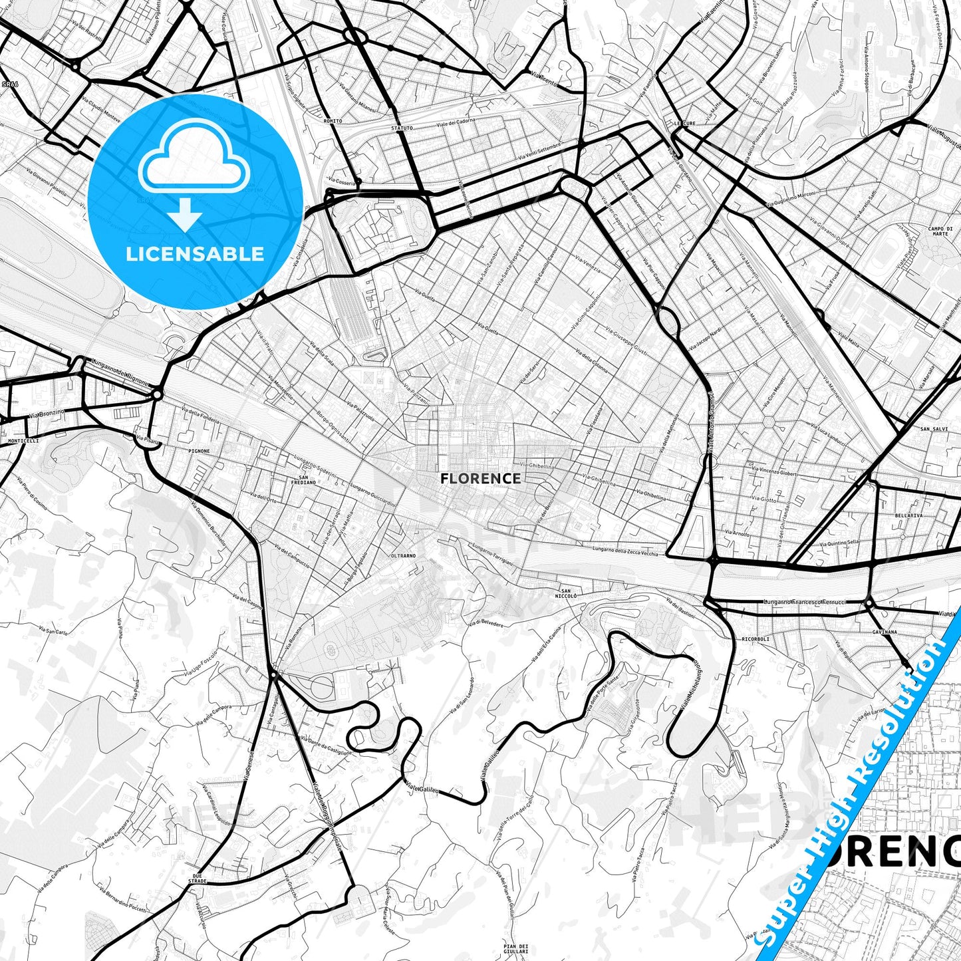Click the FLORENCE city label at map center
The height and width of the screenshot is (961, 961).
pyautogui.click(x=480, y=478)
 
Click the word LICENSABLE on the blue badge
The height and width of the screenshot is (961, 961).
pyautogui.click(x=195, y=253)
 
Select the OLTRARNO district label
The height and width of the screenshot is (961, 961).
pyautogui.click(x=403, y=555)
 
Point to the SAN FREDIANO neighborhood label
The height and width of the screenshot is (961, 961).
pyautogui.click(x=303, y=480)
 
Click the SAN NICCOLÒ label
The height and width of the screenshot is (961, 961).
pyautogui.click(x=566, y=593)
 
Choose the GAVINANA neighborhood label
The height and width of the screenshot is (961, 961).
pyautogui.click(x=885, y=632)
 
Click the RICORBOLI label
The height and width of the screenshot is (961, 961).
pyautogui.click(x=755, y=638)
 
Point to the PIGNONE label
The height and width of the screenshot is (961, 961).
pyautogui.click(x=198, y=451)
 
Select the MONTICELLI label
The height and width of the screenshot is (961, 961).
pyautogui.click(x=23, y=440)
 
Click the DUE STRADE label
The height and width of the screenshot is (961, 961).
pyautogui.click(x=197, y=878)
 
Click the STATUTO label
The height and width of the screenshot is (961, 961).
pyautogui.click(x=402, y=128)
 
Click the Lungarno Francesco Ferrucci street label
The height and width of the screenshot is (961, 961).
pyautogui.click(x=804, y=602)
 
